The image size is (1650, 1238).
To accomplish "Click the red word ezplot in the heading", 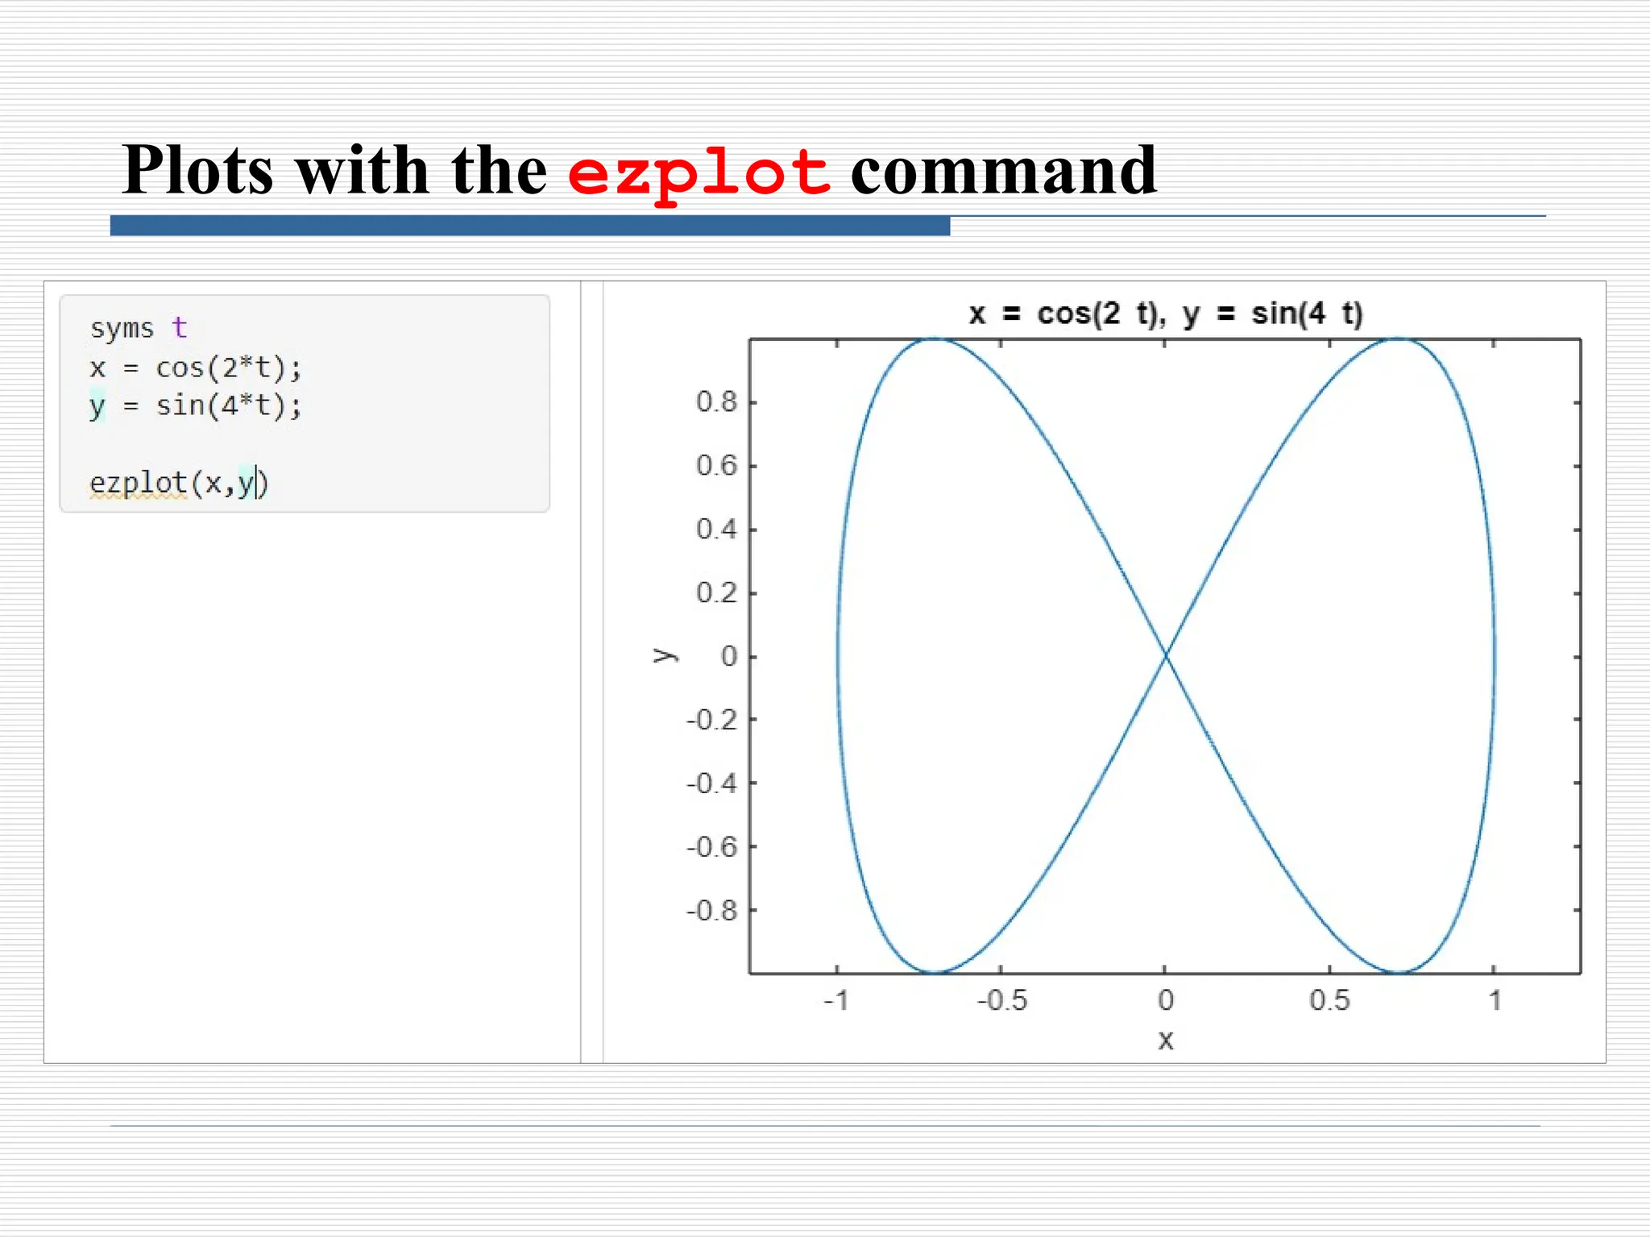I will pos(699,172).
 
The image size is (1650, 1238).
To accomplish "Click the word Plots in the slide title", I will pos(198,171).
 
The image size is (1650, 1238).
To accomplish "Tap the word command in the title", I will pos(1003,171).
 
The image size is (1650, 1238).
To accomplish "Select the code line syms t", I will pos(138,328).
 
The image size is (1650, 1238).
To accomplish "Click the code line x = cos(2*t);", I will pos(196,368).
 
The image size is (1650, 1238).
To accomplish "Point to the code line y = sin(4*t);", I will pos(196,405).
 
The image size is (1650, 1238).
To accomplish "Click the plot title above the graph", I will pos(1165,314).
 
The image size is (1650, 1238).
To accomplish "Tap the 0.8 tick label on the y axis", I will pos(716,401).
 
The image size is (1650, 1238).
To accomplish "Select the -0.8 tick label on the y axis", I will pos(711,911).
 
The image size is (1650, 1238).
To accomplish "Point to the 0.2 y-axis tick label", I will pos(716,593).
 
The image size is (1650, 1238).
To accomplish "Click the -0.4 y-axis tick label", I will pos(711,783).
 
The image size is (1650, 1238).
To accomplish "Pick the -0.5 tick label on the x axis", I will pos(1002,1001).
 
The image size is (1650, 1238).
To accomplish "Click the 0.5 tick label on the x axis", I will pos(1329,1001).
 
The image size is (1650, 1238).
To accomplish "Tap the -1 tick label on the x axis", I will pos(836,1001).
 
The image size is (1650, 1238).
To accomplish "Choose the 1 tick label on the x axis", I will pos(1495,1001).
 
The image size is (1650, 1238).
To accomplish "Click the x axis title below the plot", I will pos(1165,1041).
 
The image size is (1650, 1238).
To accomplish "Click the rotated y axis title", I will pos(664,655).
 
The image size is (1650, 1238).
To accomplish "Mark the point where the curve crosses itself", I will pos(1165,657).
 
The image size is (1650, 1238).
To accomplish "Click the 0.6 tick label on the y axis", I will pos(716,465).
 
